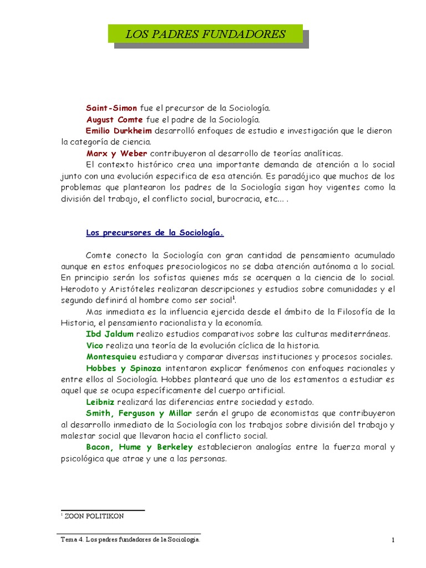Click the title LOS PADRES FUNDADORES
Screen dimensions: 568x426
click(x=205, y=34)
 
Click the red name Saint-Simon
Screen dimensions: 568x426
click(x=111, y=108)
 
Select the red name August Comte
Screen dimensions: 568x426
click(x=114, y=119)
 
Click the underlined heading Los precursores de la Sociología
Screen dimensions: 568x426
click(x=155, y=232)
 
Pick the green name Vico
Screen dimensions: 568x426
click(x=95, y=345)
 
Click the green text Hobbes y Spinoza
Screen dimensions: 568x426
click(x=124, y=368)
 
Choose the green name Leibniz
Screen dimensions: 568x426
click(x=100, y=402)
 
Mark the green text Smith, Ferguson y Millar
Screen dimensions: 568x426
click(x=139, y=413)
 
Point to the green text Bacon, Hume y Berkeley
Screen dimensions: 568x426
click(x=139, y=447)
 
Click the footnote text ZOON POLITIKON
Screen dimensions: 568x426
click(x=94, y=516)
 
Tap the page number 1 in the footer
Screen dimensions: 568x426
click(x=392, y=540)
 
